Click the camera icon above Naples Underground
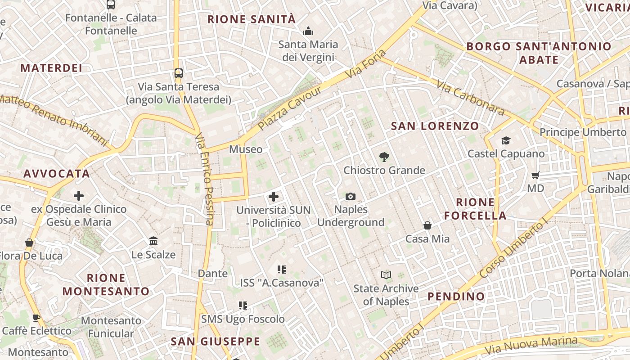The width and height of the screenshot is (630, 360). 350,196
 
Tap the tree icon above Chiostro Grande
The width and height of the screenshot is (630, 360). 384,157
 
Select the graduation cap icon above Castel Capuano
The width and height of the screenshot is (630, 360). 506,141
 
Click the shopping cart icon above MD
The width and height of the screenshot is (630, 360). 535,175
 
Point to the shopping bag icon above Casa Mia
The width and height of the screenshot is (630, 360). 427,225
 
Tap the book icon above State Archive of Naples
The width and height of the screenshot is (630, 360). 386,275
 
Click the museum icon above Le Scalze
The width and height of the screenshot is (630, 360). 153,241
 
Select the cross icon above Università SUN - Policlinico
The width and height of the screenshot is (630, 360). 274,197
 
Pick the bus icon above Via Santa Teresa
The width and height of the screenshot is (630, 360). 179,73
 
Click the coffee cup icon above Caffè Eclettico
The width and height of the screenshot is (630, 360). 36,318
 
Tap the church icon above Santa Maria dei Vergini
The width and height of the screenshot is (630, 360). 308,31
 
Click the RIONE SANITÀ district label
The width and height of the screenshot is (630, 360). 252,19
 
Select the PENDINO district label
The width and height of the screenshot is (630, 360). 456,296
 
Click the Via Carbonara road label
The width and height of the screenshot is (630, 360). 470,97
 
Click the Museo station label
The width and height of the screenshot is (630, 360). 246,149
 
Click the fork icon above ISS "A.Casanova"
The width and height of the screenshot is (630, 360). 282,270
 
